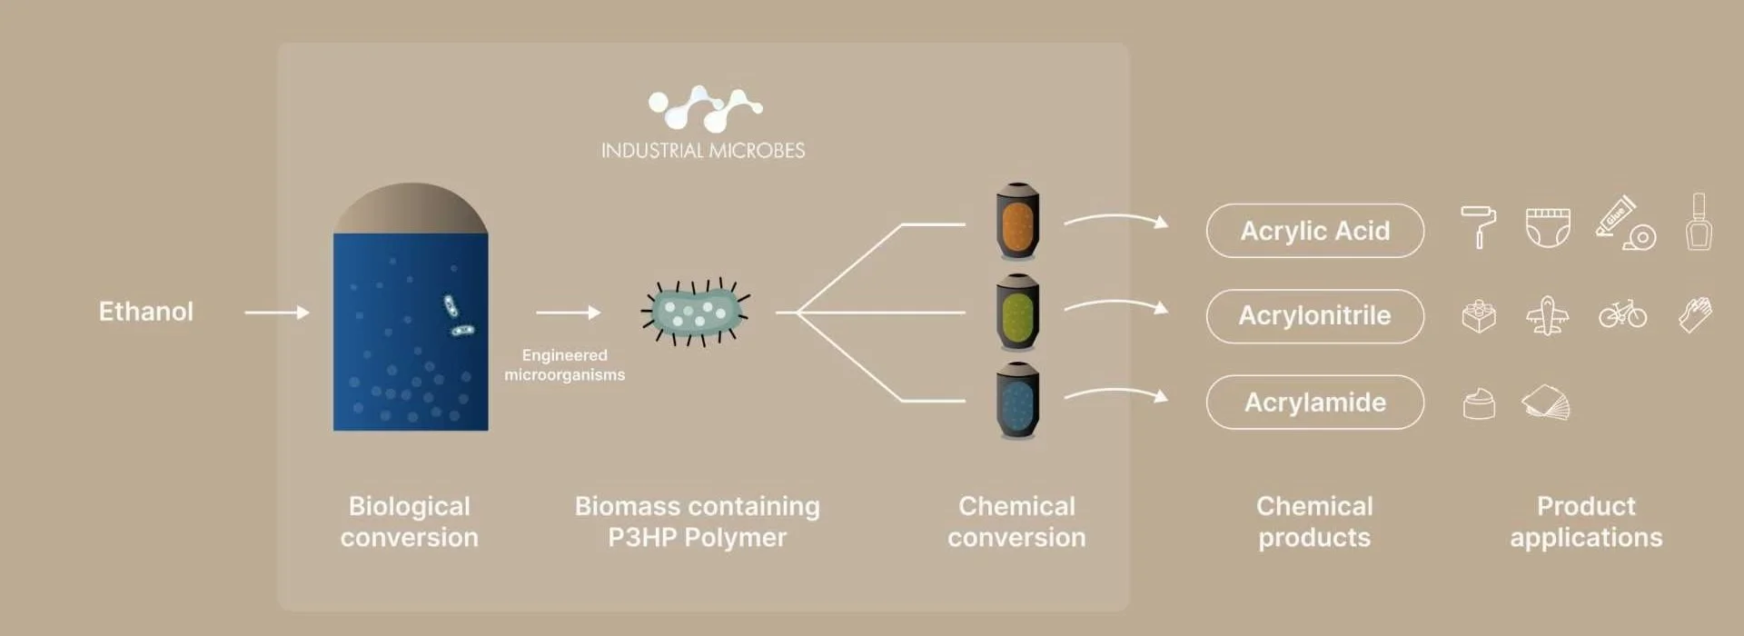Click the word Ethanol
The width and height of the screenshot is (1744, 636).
point(145,312)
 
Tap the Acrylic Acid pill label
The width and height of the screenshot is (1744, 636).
point(1314,231)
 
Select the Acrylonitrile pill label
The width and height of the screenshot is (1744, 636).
point(1314,316)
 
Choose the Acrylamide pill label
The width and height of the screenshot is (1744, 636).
point(1314,402)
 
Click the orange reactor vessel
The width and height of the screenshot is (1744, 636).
point(1017,222)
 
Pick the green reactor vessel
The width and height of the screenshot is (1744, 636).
point(1017,312)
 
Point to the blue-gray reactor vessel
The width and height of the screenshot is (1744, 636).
point(1017,401)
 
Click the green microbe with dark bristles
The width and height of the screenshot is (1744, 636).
point(696,312)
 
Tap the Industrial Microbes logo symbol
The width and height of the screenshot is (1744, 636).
point(705,108)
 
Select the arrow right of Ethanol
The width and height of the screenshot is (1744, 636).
point(277,313)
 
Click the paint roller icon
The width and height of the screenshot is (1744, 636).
point(1478,225)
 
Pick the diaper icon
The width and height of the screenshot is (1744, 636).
point(1548,227)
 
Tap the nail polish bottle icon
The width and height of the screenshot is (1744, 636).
point(1699,222)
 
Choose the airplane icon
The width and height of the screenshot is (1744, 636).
point(1548,316)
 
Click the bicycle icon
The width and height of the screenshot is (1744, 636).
point(1622,314)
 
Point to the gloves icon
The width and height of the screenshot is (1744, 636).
point(1695,315)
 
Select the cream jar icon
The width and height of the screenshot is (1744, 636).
point(1479,403)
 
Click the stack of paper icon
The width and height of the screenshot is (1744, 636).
point(1546,403)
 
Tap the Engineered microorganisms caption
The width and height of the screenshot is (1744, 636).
point(564,365)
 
